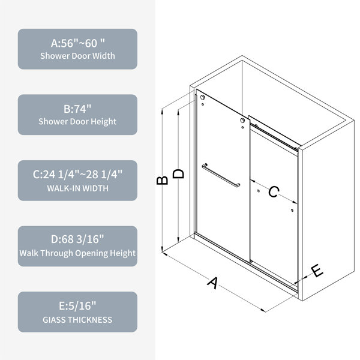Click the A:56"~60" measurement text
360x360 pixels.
(77, 43)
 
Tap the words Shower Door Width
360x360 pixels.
(77, 56)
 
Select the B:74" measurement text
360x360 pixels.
(77, 109)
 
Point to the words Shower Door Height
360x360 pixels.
(77, 121)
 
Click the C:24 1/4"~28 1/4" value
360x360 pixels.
(77, 175)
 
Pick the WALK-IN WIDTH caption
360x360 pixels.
(77, 188)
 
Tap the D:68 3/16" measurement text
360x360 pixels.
(77, 239)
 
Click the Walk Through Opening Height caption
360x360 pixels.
(77, 253)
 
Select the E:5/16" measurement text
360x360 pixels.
(77, 306)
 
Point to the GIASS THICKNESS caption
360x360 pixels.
(77, 320)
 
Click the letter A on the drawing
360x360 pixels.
(213, 283)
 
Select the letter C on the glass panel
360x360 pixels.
(274, 192)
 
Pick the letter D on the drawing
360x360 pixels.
(178, 174)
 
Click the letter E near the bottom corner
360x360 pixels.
(317, 271)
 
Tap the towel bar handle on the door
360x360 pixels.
(221, 175)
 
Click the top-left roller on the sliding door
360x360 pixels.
(202, 97)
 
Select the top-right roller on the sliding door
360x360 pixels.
(242, 121)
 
